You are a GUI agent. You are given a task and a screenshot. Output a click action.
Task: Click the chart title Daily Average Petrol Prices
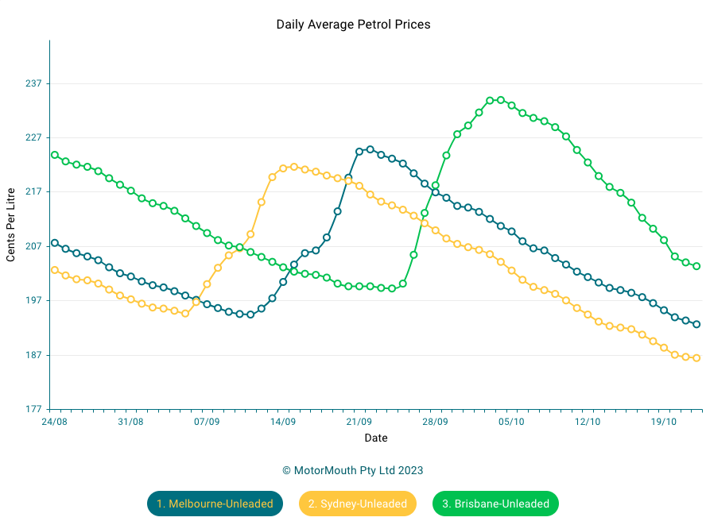click(353, 25)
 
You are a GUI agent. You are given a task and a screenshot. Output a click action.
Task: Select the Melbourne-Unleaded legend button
click(215, 504)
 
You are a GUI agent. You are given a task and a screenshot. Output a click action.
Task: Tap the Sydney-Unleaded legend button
click(358, 504)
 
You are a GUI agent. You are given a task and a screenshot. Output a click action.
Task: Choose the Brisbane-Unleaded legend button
click(495, 504)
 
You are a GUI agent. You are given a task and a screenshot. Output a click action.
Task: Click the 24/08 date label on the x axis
click(54, 422)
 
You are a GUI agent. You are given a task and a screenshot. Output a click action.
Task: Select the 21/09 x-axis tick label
click(359, 422)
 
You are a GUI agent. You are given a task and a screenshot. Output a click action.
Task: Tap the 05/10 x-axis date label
click(511, 422)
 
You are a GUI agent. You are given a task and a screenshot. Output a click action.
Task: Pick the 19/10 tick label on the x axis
click(664, 422)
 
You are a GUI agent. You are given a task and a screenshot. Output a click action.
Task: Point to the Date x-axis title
click(376, 438)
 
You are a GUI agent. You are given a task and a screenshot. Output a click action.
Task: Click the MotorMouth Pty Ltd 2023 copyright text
click(353, 470)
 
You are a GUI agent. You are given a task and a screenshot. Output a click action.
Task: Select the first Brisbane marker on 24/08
click(55, 155)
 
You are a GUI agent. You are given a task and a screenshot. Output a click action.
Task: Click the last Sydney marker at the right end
click(696, 358)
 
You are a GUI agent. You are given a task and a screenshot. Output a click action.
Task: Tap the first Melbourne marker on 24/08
click(55, 243)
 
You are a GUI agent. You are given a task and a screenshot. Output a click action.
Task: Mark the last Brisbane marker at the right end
click(696, 266)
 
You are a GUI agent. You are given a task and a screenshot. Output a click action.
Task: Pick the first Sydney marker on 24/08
click(55, 270)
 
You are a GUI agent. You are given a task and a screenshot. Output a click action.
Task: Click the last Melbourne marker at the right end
click(696, 324)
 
